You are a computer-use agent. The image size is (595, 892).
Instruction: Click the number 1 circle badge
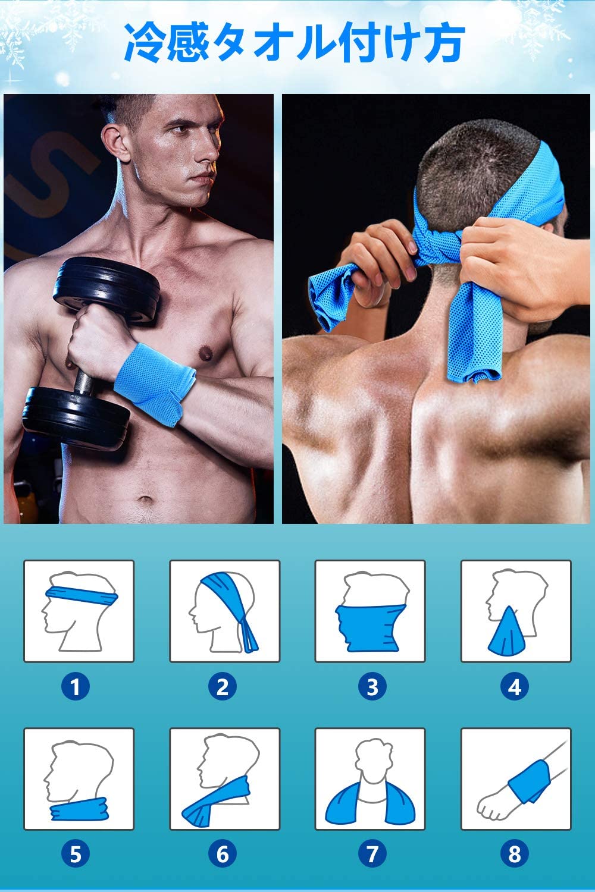pos(76,686)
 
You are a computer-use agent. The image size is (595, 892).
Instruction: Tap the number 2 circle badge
pos(223,686)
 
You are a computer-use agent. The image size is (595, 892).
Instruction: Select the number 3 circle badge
pos(372,686)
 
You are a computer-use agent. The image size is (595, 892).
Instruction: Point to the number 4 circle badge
pos(515,686)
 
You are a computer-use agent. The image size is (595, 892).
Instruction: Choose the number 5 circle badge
pos(76,853)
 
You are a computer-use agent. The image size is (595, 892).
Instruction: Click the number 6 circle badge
pos(223,853)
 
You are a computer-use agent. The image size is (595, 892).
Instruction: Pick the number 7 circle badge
pos(372,853)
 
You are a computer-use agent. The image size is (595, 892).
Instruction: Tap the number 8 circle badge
pos(515,853)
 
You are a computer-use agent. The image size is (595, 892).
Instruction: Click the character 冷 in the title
pos(144,42)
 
